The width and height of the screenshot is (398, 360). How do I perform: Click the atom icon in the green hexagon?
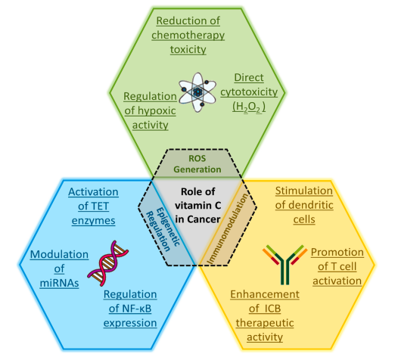tap(197, 92)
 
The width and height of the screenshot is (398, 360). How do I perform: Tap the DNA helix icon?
tap(108, 263)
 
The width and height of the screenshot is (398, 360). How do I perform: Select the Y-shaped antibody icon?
tap(285, 265)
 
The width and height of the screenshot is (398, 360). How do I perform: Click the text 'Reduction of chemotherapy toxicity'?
tap(188, 35)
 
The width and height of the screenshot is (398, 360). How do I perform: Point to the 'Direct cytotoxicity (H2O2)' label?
tap(249, 92)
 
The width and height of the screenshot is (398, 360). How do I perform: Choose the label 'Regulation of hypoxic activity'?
tap(151, 110)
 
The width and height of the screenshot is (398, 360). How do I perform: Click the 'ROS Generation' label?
tap(197, 164)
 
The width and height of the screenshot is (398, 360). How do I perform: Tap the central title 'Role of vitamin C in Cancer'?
tap(198, 206)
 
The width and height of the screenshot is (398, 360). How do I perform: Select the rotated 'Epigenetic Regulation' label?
tap(163, 229)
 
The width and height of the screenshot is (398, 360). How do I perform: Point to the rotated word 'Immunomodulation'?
tap(227, 229)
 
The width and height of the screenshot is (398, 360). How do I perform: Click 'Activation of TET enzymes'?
tap(93, 206)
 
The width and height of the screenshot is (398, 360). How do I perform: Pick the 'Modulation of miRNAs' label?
tap(59, 268)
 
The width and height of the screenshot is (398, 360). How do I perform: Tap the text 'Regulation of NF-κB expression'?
tap(130, 309)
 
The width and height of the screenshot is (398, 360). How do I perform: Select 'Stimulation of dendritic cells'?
tap(304, 205)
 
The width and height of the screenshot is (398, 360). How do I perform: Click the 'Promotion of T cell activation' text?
tap(337, 267)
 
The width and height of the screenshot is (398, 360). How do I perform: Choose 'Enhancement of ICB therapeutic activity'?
tap(265, 315)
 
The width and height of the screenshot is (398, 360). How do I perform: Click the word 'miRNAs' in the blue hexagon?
tap(59, 283)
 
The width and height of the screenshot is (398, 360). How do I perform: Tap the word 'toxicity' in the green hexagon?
tap(188, 49)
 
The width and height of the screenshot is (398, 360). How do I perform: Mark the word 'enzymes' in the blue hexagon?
tap(93, 221)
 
